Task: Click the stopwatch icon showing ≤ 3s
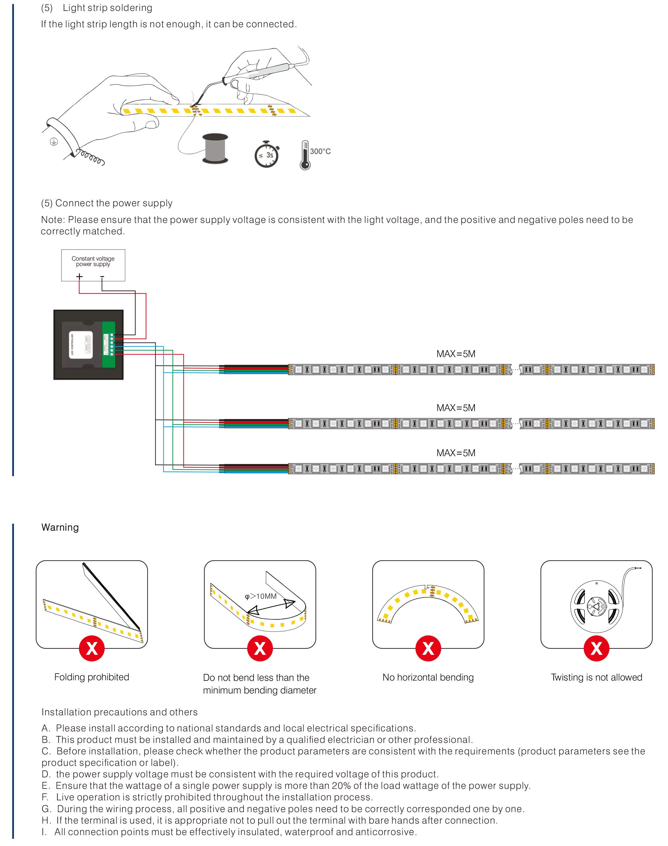tap(267, 155)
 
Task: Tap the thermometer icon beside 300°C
tap(305, 156)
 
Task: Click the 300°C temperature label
tap(320, 151)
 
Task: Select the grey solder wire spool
tap(215, 148)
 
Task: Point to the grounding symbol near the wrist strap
tap(54, 142)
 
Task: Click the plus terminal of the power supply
tap(79, 277)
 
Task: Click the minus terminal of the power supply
tap(102, 277)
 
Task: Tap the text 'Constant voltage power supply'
tap(93, 261)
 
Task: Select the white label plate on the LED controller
tap(81, 345)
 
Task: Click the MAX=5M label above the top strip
tap(456, 354)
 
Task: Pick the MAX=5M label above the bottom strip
tap(456, 453)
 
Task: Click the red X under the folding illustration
tap(92, 648)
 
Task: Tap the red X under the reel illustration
tap(596, 648)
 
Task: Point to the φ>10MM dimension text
tap(261, 596)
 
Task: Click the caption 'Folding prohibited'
tap(92, 677)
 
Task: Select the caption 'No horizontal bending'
tap(428, 677)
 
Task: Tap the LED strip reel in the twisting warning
tap(596, 606)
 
